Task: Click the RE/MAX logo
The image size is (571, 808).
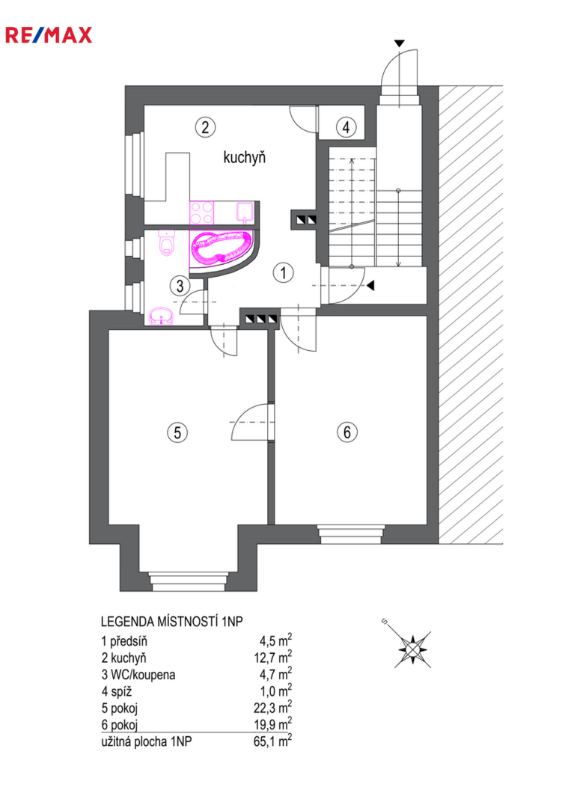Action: pyautogui.click(x=49, y=35)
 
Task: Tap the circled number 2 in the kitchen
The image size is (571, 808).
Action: pyautogui.click(x=205, y=126)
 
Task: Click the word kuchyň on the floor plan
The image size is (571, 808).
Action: pyautogui.click(x=244, y=157)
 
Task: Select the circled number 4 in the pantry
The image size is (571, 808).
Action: pyautogui.click(x=346, y=126)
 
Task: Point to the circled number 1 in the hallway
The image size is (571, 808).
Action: pyautogui.click(x=283, y=272)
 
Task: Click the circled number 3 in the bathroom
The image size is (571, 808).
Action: pyautogui.click(x=180, y=285)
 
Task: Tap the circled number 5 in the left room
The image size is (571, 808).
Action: pyautogui.click(x=177, y=432)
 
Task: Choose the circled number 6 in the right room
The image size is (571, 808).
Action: pyautogui.click(x=346, y=432)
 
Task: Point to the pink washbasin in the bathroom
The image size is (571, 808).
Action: pyautogui.click(x=161, y=316)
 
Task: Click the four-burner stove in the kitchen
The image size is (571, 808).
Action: pyautogui.click(x=202, y=213)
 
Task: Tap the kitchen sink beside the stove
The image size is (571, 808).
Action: pyautogui.click(x=244, y=212)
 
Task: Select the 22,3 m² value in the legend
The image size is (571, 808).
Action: pyautogui.click(x=272, y=708)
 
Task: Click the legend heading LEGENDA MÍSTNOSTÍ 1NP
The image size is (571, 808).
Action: pyautogui.click(x=171, y=622)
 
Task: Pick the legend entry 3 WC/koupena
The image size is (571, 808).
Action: pyautogui.click(x=138, y=675)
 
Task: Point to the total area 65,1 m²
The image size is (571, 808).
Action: pyautogui.click(x=272, y=741)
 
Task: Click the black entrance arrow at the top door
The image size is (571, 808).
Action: pyautogui.click(x=400, y=43)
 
